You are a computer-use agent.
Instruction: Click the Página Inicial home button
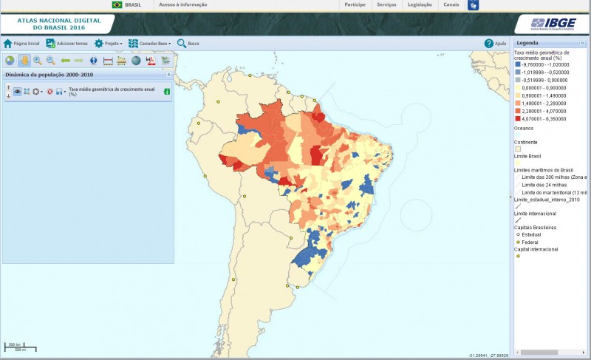pyautogui.click(x=21, y=44)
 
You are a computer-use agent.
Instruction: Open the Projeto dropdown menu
pyautogui.click(x=108, y=44)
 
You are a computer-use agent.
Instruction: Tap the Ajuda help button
pyautogui.click(x=495, y=44)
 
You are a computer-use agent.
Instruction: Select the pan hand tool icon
pyautogui.click(x=23, y=61)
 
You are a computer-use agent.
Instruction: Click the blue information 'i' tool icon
pyautogui.click(x=94, y=61)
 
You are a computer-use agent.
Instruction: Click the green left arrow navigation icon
pyautogui.click(x=65, y=61)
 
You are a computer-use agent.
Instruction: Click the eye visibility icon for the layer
pyautogui.click(x=17, y=92)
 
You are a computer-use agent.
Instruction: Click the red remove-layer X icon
pyautogui.click(x=50, y=92)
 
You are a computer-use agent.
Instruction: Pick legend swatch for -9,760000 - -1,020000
pyautogui.click(x=518, y=65)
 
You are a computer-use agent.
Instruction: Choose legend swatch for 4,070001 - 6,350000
pyautogui.click(x=518, y=117)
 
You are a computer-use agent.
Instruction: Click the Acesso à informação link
pyautogui.click(x=182, y=4)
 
